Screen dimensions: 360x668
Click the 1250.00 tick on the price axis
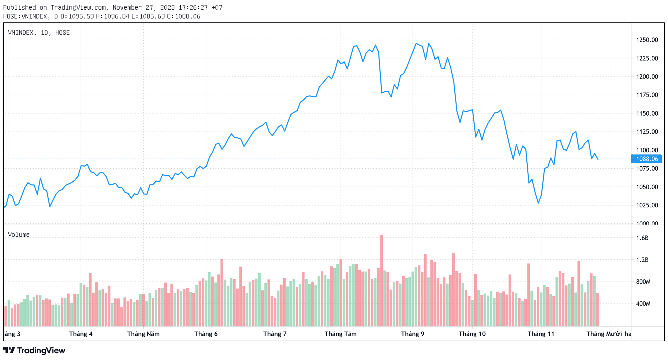pyautogui.click(x=647, y=40)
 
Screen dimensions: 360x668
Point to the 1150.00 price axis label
pyautogui.click(x=647, y=114)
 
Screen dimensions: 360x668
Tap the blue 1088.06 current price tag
pyautogui.click(x=647, y=159)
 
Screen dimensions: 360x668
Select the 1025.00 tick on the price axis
pyautogui.click(x=647, y=205)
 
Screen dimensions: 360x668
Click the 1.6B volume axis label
pyautogui.click(x=642, y=238)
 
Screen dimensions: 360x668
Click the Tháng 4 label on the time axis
pyautogui.click(x=81, y=334)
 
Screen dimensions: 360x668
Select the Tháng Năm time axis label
pyautogui.click(x=143, y=334)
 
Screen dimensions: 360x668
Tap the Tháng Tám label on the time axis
pyautogui.click(x=340, y=334)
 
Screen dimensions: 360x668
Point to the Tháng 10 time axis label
pyautogui.click(x=472, y=334)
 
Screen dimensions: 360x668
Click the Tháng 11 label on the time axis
pyautogui.click(x=541, y=334)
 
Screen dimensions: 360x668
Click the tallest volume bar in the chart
pyautogui.click(x=381, y=281)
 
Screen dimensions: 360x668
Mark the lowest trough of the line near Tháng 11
pyautogui.click(x=538, y=203)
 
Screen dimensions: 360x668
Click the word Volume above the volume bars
pyautogui.click(x=19, y=235)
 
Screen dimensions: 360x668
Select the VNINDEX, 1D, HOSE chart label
pyautogui.click(x=39, y=33)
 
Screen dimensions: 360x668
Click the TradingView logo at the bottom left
pyautogui.click(x=34, y=351)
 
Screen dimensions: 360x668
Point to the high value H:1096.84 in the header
pyautogui.click(x=113, y=16)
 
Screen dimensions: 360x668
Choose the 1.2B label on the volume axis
pyautogui.click(x=642, y=260)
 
